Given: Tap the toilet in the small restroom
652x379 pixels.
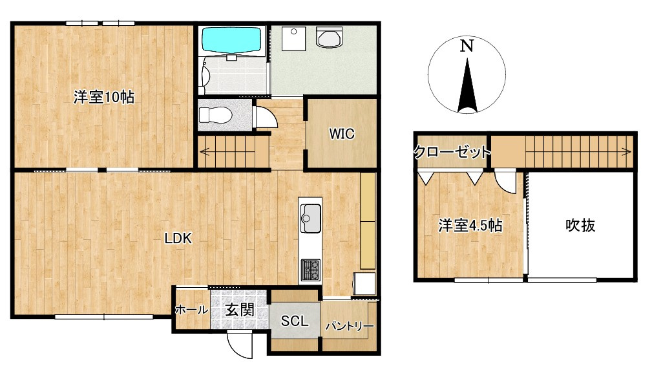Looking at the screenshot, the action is (x=215, y=114).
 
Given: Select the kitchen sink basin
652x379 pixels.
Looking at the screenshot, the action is (x=310, y=218).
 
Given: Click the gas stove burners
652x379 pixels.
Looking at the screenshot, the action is (x=310, y=270).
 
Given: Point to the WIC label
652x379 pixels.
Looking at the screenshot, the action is (x=342, y=133).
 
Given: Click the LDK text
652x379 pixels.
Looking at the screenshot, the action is (x=178, y=239).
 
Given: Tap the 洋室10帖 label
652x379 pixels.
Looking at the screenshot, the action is (x=104, y=98).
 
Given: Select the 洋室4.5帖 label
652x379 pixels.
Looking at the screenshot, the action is (x=470, y=226).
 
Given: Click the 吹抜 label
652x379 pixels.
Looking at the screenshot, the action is (x=580, y=226).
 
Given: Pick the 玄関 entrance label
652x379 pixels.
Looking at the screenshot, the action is (x=240, y=310).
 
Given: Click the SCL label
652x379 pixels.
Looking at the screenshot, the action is (x=295, y=321).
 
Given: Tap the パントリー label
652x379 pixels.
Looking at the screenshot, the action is (x=350, y=326).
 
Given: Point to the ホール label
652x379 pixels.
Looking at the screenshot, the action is (x=191, y=310).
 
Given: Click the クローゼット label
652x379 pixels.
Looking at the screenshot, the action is (x=452, y=152).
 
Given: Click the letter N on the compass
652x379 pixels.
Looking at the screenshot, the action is (x=467, y=45).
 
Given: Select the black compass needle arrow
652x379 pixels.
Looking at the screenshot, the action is (x=467, y=85).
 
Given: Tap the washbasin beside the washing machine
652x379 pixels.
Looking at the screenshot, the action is (x=329, y=38).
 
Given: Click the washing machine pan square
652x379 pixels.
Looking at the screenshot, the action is (x=293, y=38).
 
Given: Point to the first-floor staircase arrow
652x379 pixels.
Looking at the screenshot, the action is (x=233, y=152).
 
